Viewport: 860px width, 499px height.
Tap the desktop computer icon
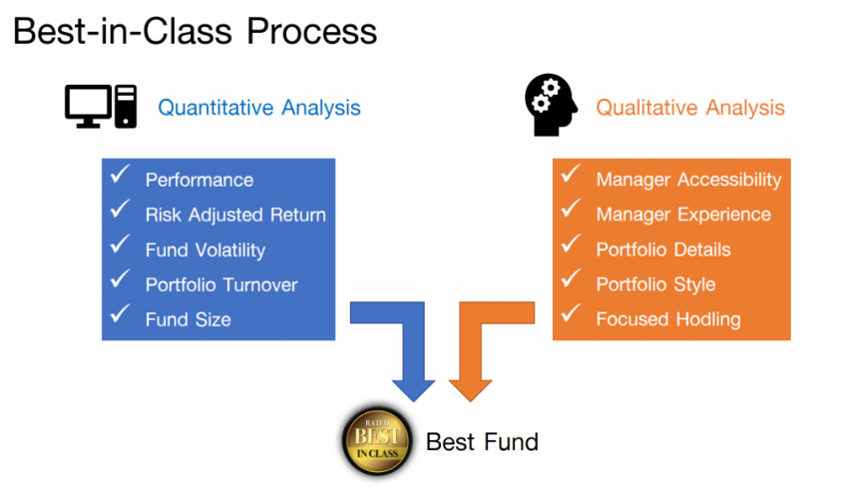pyautogui.click(x=101, y=106)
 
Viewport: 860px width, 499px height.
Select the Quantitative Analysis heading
pyautogui.click(x=259, y=108)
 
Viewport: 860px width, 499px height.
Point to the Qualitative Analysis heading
pyautogui.click(x=690, y=108)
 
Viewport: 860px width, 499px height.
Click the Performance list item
pyautogui.click(x=200, y=181)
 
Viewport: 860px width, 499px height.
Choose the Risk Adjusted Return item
pyautogui.click(x=235, y=215)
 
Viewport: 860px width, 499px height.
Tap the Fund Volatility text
pyautogui.click(x=206, y=249)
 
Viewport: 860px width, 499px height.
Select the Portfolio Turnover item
pyautogui.click(x=221, y=284)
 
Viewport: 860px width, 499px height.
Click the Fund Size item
pyautogui.click(x=188, y=319)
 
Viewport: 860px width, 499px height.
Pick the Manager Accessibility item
pyautogui.click(x=688, y=180)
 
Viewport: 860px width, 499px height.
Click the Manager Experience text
pyautogui.click(x=683, y=215)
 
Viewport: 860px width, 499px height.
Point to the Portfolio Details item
pyautogui.click(x=663, y=249)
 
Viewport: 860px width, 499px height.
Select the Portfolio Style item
pyautogui.click(x=655, y=284)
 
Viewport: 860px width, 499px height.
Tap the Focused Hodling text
pyautogui.click(x=668, y=319)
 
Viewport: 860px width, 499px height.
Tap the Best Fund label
pyautogui.click(x=482, y=441)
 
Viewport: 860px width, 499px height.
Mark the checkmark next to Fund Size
pyautogui.click(x=121, y=315)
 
